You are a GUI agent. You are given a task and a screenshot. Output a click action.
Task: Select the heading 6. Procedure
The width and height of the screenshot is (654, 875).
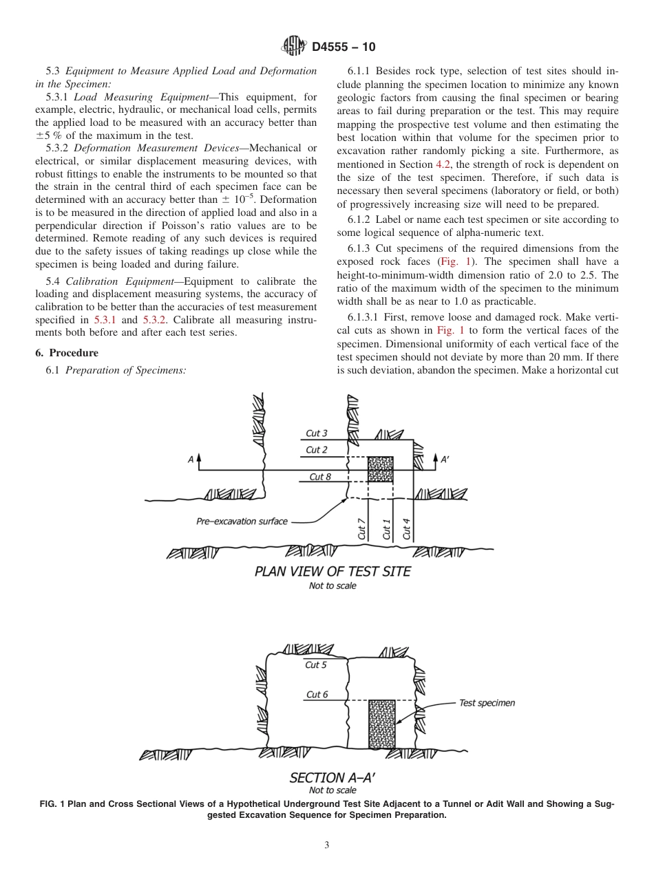[x=67, y=353]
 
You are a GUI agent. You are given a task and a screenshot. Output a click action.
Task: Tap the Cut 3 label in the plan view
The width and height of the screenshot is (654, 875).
[x=317, y=433]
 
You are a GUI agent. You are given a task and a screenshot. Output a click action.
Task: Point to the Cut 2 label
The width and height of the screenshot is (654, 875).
[x=317, y=450]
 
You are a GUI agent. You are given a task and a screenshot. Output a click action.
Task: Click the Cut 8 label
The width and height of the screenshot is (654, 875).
[x=320, y=477]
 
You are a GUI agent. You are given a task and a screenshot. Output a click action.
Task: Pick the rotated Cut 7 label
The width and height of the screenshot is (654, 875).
[x=361, y=528]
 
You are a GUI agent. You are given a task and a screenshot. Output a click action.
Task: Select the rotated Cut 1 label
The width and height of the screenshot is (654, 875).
[x=386, y=528]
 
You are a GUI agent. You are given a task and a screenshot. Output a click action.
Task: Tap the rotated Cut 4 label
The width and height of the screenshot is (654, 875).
[x=407, y=528]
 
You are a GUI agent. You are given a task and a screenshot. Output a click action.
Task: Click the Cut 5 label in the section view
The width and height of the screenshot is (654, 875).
[x=316, y=665]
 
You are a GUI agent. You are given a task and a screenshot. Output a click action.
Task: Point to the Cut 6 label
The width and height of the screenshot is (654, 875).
[x=317, y=695]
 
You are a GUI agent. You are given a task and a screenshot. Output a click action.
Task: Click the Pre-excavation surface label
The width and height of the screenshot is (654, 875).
[x=242, y=521]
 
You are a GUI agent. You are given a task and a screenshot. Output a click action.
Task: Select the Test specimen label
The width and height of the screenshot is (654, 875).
[x=487, y=703]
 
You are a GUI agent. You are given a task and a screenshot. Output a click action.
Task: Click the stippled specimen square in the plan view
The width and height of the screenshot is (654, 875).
[x=380, y=470]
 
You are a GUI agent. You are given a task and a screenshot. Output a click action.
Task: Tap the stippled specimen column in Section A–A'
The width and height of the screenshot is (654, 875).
[x=381, y=725]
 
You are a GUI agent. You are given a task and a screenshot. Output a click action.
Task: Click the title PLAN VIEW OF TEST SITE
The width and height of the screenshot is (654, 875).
[x=333, y=572]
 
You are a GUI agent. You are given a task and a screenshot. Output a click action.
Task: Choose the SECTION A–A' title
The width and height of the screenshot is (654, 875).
[x=333, y=778]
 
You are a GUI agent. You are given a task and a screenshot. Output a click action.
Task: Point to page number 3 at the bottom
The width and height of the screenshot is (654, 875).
[x=327, y=845]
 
